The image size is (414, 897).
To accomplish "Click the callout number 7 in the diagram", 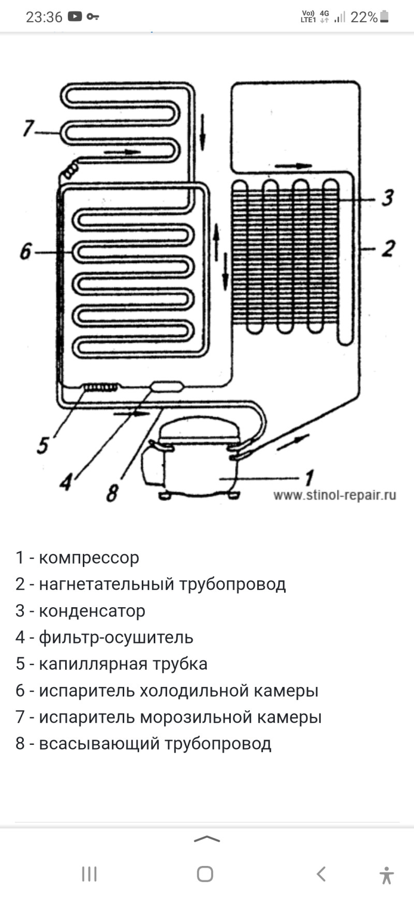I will click(28, 128).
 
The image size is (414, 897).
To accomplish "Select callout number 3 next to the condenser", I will click(387, 198).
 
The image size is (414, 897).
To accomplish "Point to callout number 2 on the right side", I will click(388, 248).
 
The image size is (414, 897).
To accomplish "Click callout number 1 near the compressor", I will click(309, 477).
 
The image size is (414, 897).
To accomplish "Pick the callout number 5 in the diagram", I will click(43, 444).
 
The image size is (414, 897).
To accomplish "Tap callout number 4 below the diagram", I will click(65, 482).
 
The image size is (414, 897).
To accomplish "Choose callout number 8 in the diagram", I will click(112, 492).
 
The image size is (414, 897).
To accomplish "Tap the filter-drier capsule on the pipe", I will click(166, 386).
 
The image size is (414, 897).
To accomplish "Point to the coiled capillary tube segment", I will click(100, 387).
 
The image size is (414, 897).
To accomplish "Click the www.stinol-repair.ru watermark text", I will click(334, 495).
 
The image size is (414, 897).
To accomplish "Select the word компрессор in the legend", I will click(89, 558).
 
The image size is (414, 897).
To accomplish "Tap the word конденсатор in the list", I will click(92, 611).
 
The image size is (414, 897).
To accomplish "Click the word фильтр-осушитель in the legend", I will click(116, 637).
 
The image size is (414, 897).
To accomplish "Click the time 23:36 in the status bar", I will click(44, 17).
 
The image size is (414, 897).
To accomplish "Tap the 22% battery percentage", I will click(364, 17).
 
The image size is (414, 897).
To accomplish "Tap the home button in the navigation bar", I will click(205, 874).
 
